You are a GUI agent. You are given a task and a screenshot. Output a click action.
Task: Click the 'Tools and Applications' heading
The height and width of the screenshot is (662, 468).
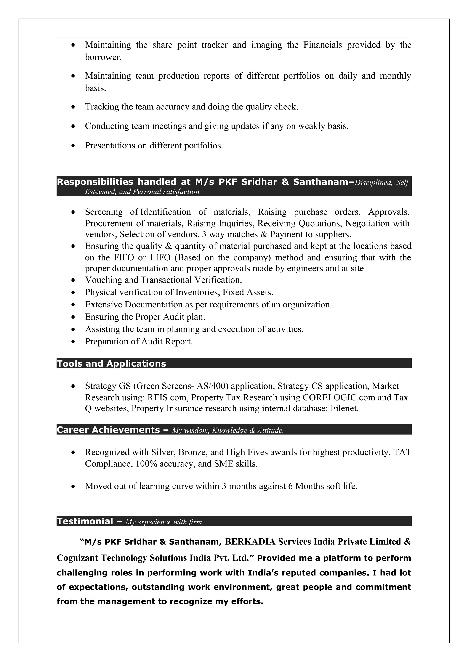[x=111, y=364]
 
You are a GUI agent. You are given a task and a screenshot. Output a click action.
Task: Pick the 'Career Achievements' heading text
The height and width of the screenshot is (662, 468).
[x=108, y=430]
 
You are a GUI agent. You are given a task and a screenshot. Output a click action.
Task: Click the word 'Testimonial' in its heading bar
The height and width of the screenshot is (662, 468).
[x=85, y=521]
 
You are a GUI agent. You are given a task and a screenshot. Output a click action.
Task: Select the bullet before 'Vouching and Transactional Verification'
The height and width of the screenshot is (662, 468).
[x=74, y=280]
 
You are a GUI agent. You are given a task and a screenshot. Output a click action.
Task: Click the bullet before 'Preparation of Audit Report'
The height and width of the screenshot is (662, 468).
[x=74, y=342]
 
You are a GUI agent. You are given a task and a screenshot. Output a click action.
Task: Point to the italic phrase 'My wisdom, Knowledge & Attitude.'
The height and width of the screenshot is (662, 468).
[x=228, y=430]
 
